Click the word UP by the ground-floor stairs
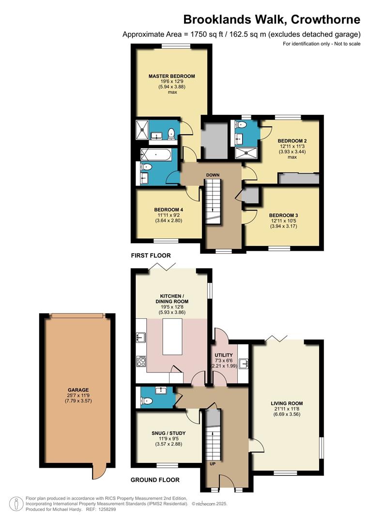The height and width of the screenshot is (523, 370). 213,463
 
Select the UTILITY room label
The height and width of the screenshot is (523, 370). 224,355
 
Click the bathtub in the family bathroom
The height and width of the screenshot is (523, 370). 155,155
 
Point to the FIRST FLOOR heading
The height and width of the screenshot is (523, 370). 151,255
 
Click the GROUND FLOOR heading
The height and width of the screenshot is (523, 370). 155,480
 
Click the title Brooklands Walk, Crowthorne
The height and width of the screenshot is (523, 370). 271,19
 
